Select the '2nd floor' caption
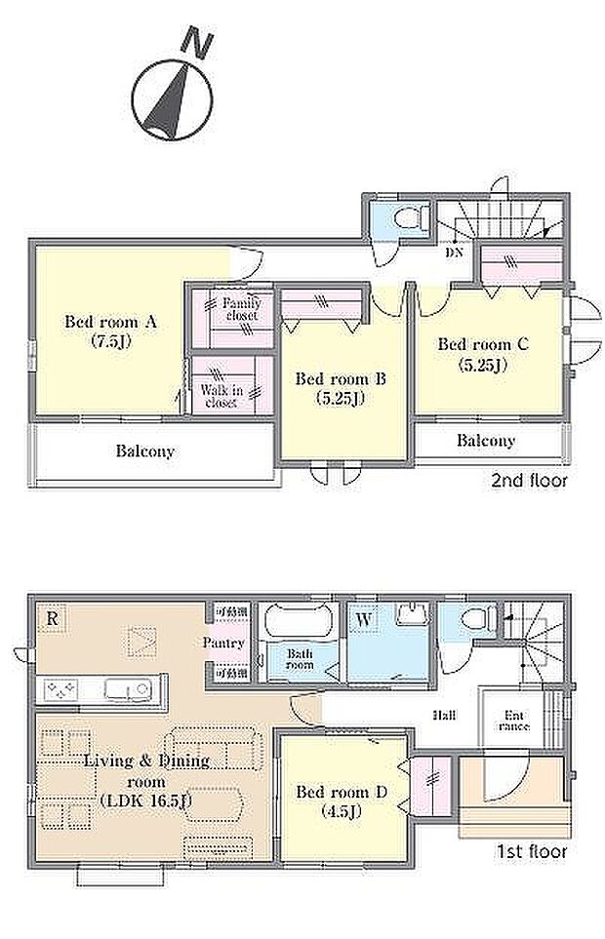pos(529,481)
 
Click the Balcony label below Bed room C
pos(485,441)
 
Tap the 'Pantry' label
pos(222,644)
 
